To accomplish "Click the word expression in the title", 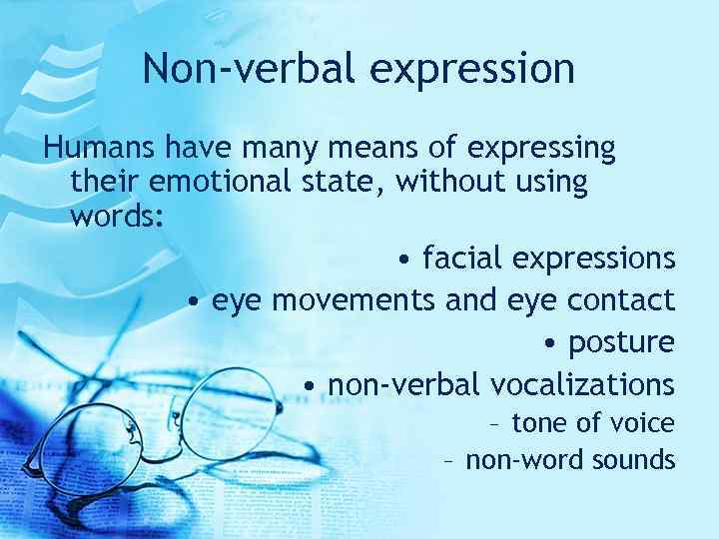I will point(474,70).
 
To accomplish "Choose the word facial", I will point(463,259).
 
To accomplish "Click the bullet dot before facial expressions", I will point(401,261).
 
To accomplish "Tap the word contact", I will point(621,300).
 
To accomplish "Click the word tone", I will point(539,423).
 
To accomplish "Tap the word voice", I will point(643,423).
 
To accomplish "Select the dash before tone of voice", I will point(496,424).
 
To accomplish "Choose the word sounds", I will point(634,460).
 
